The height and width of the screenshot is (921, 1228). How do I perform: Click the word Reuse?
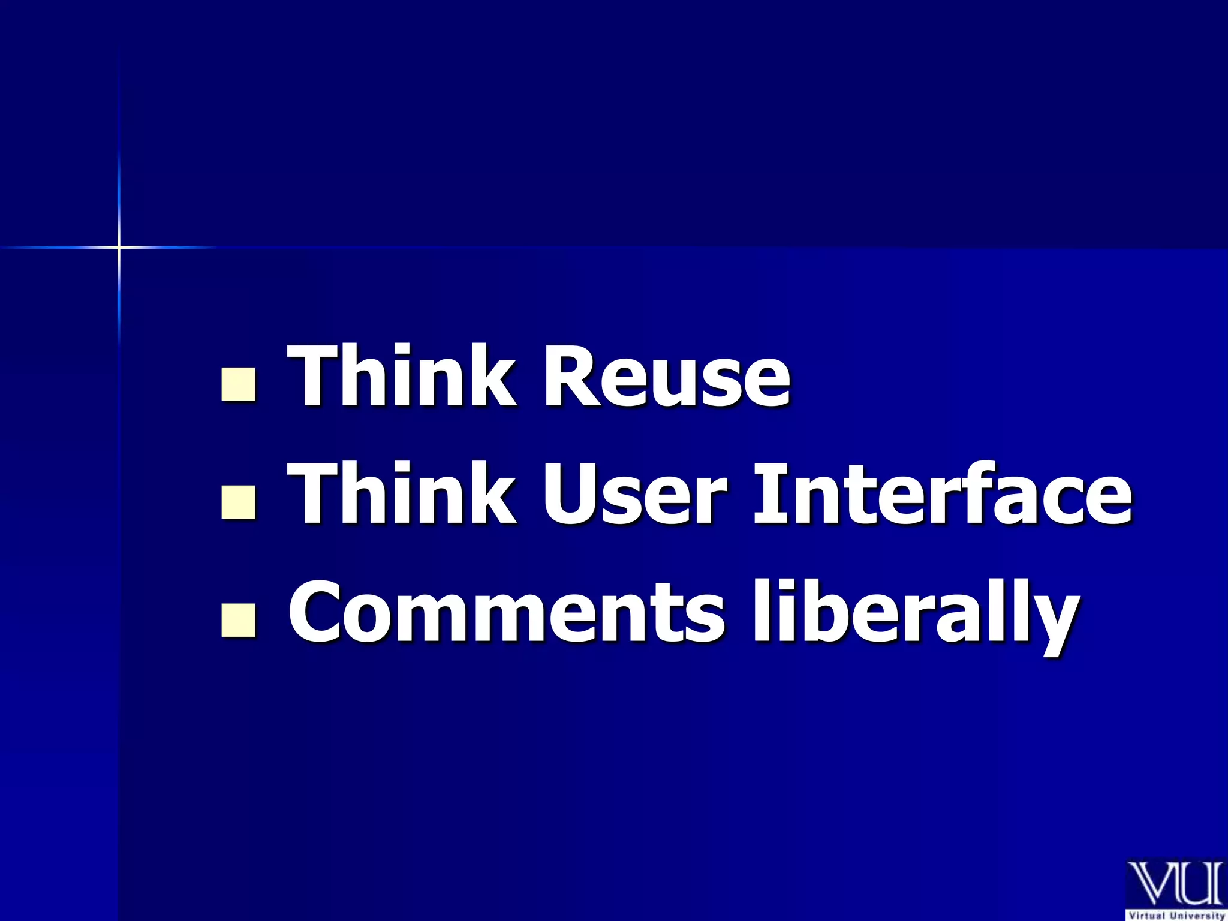666,377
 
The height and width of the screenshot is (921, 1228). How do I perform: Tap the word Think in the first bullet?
401,377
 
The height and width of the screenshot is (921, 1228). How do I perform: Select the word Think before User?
401,494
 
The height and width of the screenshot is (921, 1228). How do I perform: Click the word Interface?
942,494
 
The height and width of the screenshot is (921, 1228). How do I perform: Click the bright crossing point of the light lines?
119,247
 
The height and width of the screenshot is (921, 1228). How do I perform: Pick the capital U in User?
572,495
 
